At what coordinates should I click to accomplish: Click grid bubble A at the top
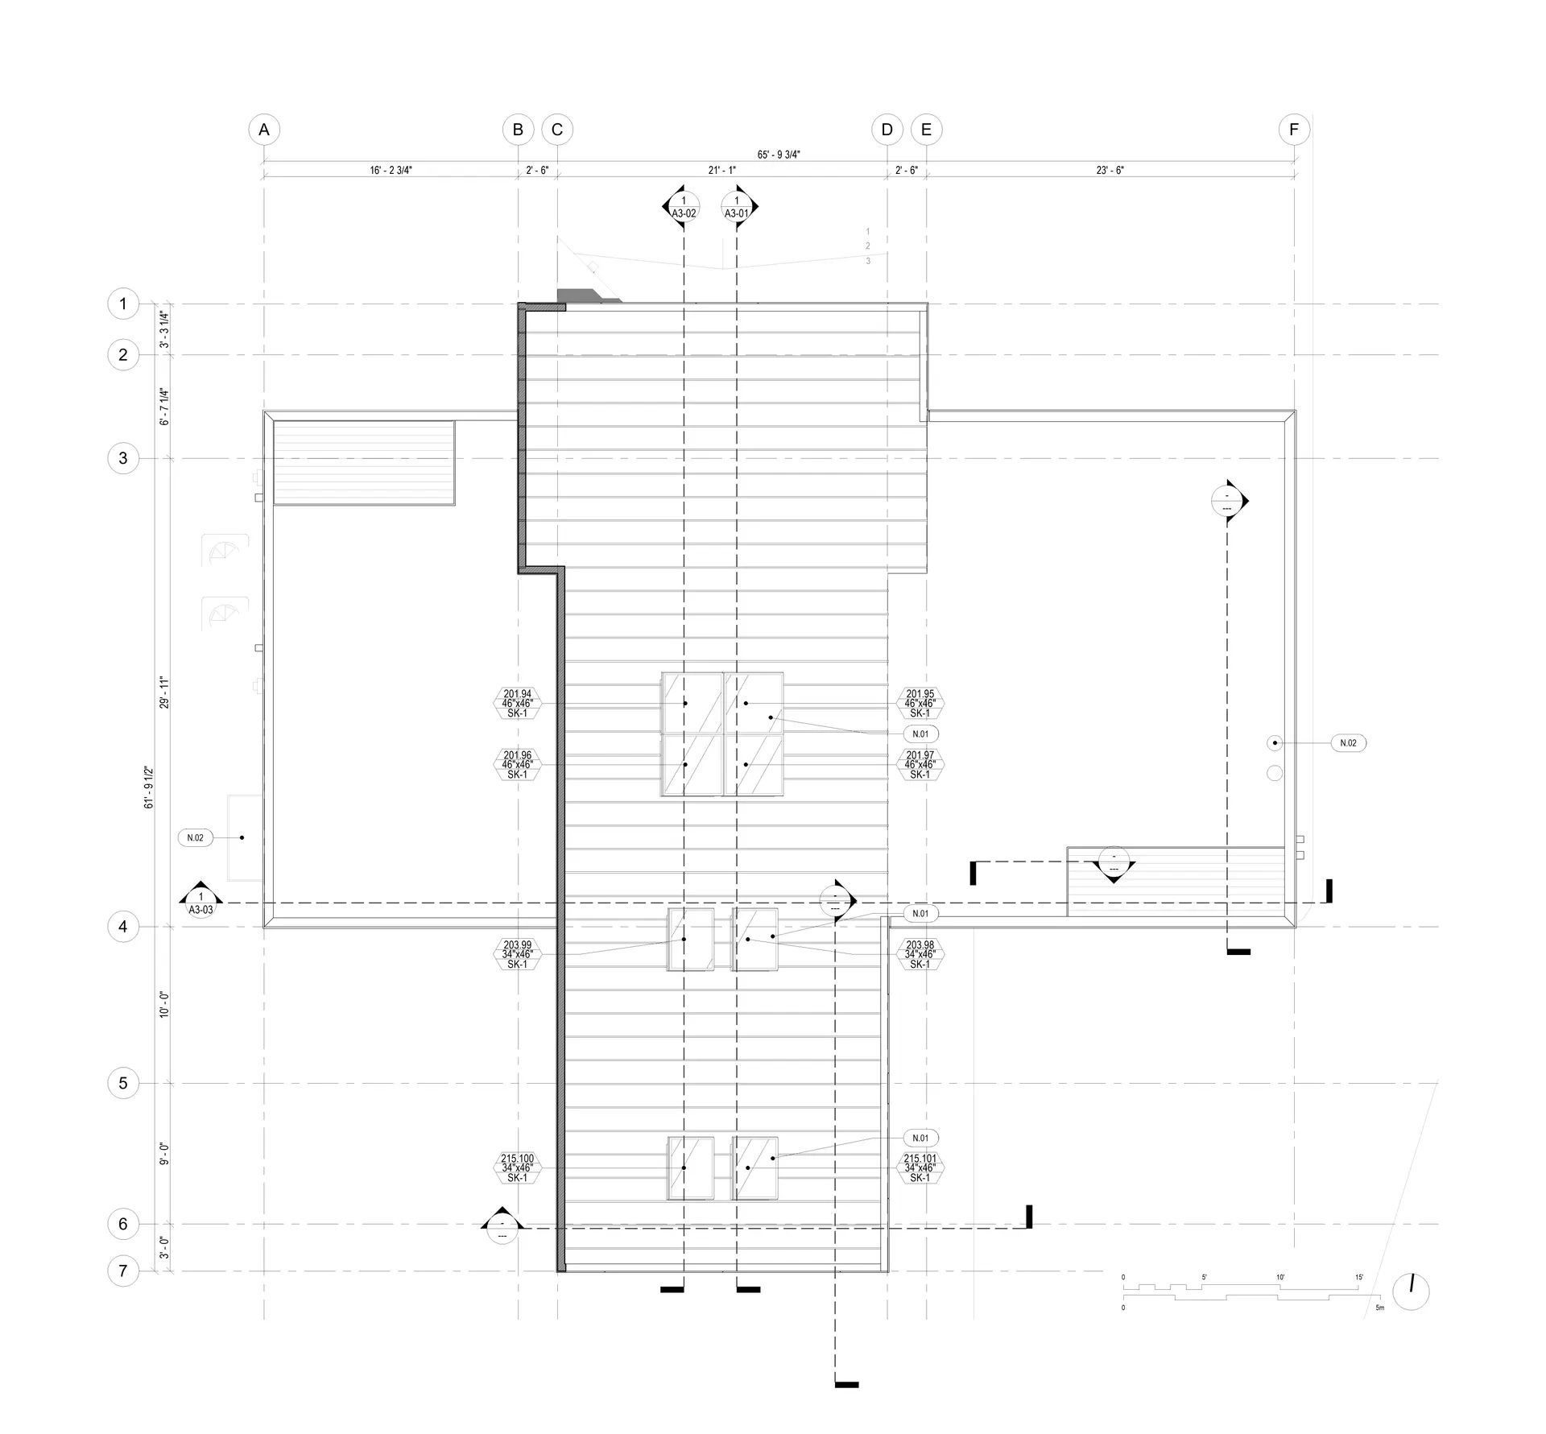(264, 130)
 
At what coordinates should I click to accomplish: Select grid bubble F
(1294, 130)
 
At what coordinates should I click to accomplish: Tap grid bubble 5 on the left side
(123, 1083)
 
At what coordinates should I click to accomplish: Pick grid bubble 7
(123, 1271)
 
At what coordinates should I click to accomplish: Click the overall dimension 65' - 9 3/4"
(779, 155)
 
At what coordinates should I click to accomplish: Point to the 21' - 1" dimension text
(722, 171)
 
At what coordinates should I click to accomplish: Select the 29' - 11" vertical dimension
(164, 692)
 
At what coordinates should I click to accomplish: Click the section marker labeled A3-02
(684, 208)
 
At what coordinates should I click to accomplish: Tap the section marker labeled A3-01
(736, 208)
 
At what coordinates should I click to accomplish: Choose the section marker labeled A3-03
(200, 903)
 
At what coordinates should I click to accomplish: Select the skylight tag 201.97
(920, 765)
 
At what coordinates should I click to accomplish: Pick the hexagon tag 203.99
(518, 954)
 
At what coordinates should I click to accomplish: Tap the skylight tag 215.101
(920, 1167)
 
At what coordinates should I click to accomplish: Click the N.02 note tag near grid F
(1348, 743)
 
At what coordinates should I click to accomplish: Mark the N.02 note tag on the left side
(195, 837)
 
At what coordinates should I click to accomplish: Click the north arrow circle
(1411, 1291)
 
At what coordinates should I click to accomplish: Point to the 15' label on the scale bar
(1359, 1277)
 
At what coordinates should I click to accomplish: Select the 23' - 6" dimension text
(1110, 171)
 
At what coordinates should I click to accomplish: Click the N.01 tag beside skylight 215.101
(920, 1138)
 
